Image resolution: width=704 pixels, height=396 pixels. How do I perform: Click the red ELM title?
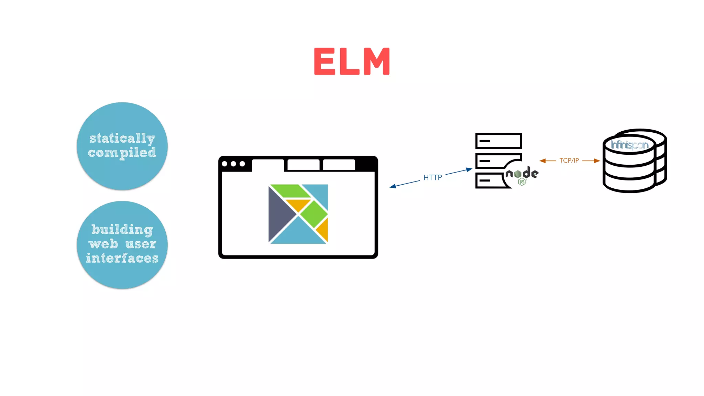[352, 61]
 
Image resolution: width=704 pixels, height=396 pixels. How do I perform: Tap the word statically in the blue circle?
[122, 139]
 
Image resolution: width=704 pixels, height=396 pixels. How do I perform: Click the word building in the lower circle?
[122, 230]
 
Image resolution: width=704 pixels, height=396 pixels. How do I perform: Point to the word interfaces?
[122, 258]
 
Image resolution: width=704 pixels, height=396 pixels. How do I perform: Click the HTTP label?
[432, 178]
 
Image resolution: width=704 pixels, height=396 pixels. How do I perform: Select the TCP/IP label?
[569, 161]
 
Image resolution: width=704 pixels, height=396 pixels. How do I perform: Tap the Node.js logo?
[522, 175]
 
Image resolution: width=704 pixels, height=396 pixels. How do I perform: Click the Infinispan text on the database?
[629, 145]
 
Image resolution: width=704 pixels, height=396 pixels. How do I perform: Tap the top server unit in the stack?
[498, 141]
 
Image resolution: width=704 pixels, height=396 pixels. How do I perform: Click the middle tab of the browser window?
[303, 165]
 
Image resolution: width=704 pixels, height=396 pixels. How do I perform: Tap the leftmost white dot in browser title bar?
[225, 164]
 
